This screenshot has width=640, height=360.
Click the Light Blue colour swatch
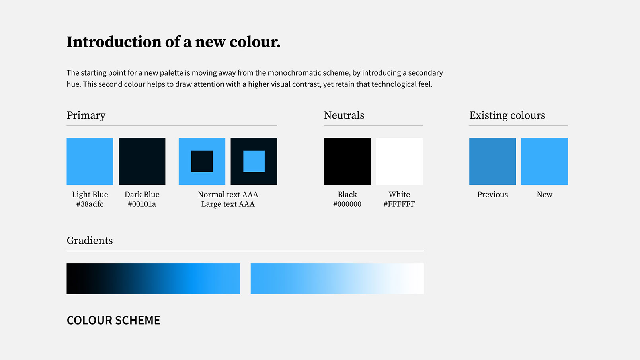tap(90, 161)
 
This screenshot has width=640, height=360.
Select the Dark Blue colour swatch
tap(142, 161)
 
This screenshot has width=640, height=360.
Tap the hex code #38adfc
tap(90, 204)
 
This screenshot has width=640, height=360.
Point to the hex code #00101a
tap(142, 204)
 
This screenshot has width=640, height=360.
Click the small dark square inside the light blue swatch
tap(202, 161)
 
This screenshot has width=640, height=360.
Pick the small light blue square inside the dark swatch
tap(254, 161)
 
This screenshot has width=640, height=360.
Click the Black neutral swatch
tap(347, 161)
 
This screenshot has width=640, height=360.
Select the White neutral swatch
tap(399, 161)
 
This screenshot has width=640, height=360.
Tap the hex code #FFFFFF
tap(399, 204)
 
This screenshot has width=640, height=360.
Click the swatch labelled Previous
tap(493, 161)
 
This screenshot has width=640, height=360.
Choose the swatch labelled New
tap(544, 161)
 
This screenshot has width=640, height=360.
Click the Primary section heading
tap(86, 116)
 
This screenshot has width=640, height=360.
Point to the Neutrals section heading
tap(344, 115)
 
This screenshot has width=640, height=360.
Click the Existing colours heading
tap(507, 116)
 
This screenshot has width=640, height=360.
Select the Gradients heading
tap(90, 241)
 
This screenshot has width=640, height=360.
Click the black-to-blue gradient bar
tap(153, 278)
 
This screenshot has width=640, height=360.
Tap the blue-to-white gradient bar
tap(337, 278)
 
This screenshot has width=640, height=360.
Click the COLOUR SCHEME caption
tap(113, 320)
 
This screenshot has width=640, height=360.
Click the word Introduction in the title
tap(114, 42)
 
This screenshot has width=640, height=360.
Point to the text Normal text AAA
tap(228, 195)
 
